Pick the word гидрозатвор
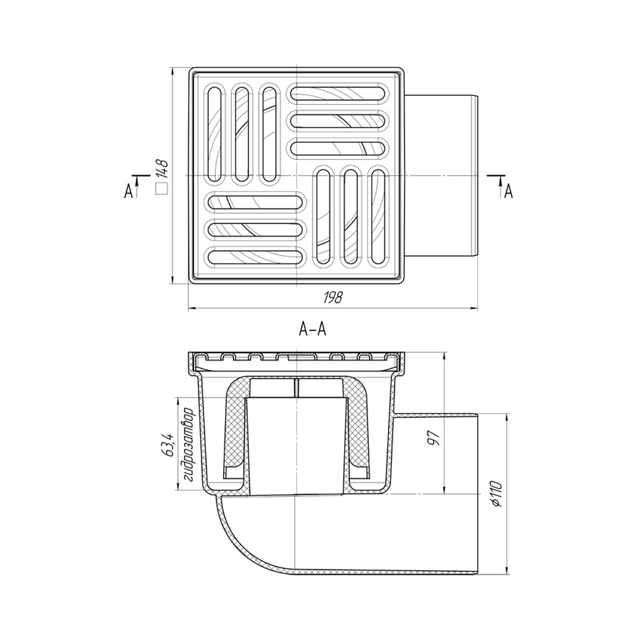[x=188, y=445]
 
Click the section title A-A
[x=312, y=330]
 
